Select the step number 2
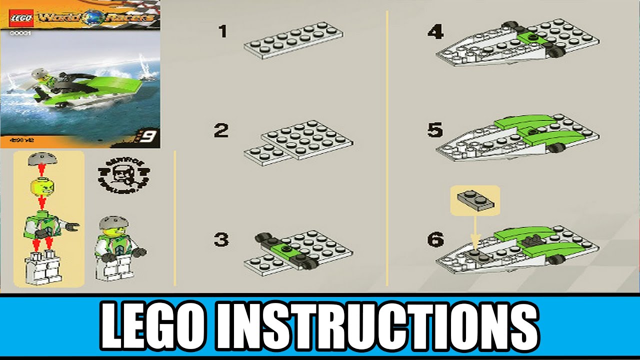(221, 131)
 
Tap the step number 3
(221, 240)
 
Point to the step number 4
(435, 32)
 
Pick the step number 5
(435, 131)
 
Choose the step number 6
(435, 240)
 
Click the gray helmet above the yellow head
(41, 159)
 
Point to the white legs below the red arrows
(41, 268)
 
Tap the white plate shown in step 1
(293, 40)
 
